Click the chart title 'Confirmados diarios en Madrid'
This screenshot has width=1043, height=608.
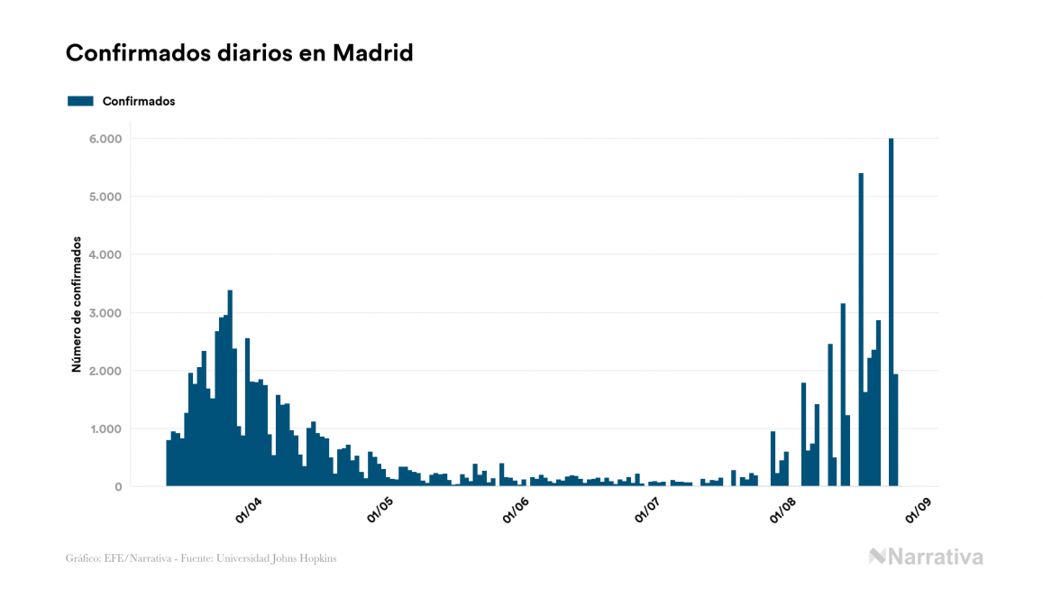tap(239, 53)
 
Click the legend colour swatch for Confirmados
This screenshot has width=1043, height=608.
tap(80, 101)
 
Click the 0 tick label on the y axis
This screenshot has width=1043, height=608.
tap(117, 487)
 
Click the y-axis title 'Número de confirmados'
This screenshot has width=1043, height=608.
tap(78, 305)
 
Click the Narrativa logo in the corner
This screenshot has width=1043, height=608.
tap(926, 557)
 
